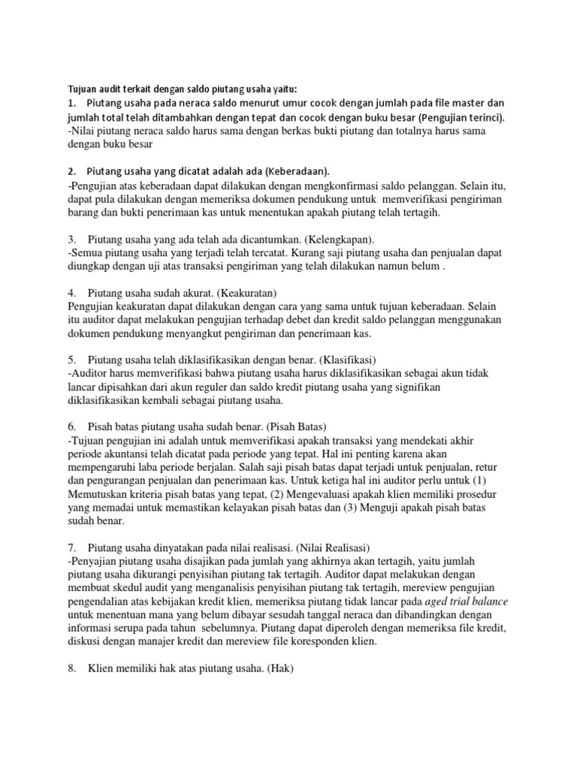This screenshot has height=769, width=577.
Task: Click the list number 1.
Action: pos(71,103)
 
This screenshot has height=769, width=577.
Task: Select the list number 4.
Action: pos(71,293)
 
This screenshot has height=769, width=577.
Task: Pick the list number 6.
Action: pos(71,426)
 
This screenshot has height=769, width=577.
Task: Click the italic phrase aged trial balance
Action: pos(467,602)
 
